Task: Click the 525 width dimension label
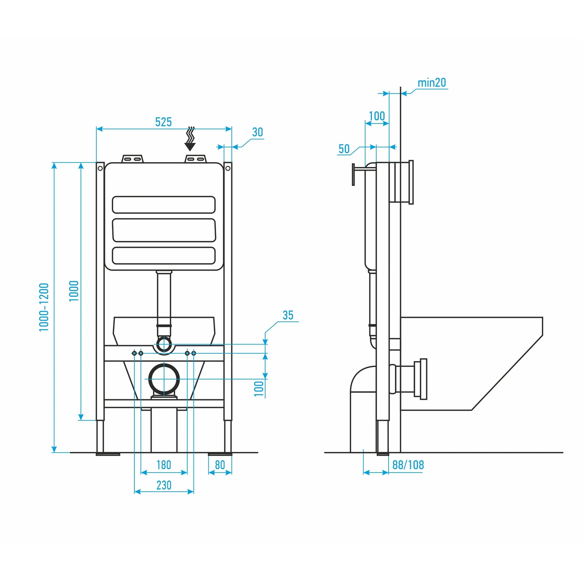tap(163, 122)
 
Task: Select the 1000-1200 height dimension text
tap(44, 307)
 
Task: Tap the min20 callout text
tap(431, 83)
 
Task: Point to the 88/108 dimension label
tap(408, 465)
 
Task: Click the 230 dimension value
tap(164, 485)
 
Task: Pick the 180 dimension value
tap(164, 465)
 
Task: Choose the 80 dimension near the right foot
tap(220, 465)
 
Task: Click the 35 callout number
tap(288, 315)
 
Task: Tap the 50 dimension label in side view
tap(344, 149)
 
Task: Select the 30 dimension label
tap(258, 132)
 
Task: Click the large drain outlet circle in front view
tap(164, 379)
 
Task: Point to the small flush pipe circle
tap(164, 344)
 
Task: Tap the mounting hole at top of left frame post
tap(100, 168)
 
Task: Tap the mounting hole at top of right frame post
tap(228, 168)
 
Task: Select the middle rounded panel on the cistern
tap(164, 230)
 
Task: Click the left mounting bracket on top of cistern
tap(133, 159)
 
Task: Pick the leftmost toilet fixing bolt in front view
tap(134, 353)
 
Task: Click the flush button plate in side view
tap(353, 175)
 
